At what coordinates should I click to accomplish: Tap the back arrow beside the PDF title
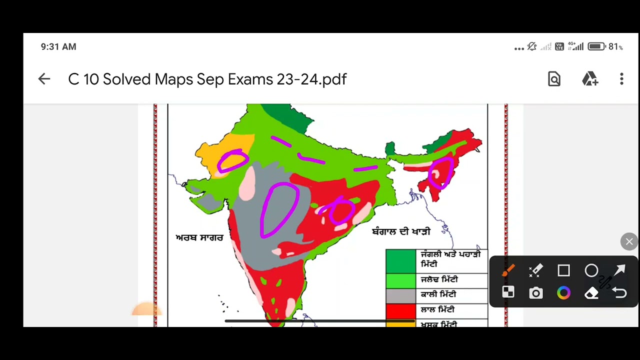44,79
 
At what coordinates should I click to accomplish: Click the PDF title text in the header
207,79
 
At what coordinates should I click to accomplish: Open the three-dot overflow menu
621,79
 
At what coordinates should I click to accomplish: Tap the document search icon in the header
554,79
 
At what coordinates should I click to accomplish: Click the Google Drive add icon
590,79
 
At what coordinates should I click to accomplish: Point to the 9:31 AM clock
58,46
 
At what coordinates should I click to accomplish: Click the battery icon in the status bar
596,46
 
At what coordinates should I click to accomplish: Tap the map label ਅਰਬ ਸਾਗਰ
199,238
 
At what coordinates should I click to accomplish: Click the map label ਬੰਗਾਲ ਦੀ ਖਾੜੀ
401,232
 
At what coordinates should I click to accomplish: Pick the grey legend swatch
400,296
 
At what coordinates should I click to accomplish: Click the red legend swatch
400,311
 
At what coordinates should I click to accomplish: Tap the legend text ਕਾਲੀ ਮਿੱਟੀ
438,295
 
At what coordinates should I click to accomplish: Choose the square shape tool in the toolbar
563,271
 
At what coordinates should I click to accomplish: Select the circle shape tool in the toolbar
591,271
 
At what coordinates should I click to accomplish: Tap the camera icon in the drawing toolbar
535,293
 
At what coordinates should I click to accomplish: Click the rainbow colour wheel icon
563,293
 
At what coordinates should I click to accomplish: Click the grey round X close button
629,242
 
